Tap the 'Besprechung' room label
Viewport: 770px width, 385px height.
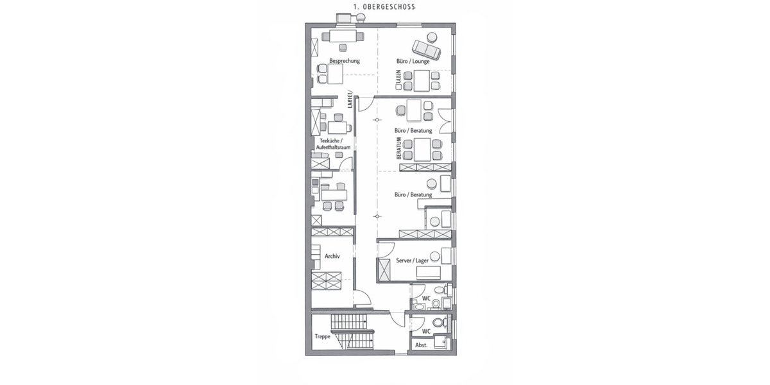click(x=345, y=61)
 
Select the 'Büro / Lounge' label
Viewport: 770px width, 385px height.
click(x=413, y=62)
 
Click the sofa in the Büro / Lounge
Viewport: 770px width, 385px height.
click(x=425, y=49)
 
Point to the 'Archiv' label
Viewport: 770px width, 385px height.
click(x=332, y=255)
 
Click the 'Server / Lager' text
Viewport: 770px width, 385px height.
click(x=412, y=261)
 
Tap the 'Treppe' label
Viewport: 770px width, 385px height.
click(x=322, y=336)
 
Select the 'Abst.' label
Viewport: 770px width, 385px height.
click(x=421, y=345)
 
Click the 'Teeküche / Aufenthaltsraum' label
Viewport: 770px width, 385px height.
click(x=334, y=144)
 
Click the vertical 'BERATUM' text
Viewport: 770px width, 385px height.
click(x=398, y=148)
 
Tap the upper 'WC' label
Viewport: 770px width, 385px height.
click(x=426, y=298)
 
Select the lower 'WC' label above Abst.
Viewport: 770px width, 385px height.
click(x=426, y=331)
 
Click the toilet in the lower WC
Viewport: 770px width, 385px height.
click(x=438, y=323)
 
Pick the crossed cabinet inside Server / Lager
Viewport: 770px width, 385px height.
click(x=385, y=270)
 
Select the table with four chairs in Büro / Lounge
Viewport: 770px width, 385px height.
click(x=422, y=80)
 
